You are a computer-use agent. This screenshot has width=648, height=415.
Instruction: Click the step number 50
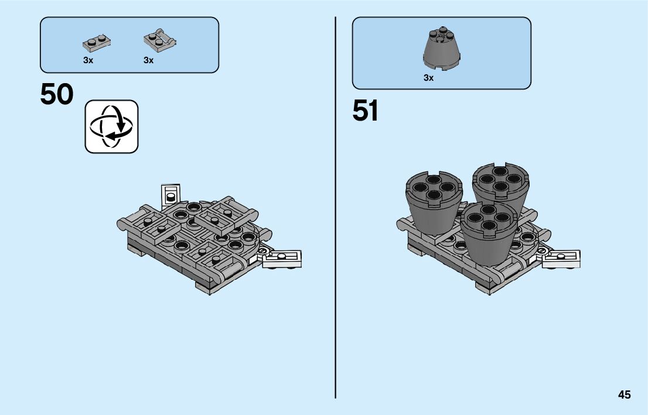click(57, 95)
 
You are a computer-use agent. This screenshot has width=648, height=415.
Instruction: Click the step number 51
click(365, 111)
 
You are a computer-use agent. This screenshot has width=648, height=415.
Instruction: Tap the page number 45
click(624, 395)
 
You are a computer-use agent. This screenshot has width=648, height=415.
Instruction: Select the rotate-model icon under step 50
click(112, 126)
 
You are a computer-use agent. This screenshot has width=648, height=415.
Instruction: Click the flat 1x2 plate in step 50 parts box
click(97, 42)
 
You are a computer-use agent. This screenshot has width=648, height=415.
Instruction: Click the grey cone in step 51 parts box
click(442, 49)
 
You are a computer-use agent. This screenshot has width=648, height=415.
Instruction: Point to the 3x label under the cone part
click(429, 78)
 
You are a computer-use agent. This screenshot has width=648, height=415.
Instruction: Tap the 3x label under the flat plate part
click(88, 60)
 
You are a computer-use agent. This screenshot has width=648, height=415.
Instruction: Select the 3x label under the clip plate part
click(148, 60)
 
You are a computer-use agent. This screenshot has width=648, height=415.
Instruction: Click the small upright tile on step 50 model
click(171, 193)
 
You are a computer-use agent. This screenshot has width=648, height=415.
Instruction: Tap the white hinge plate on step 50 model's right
click(283, 258)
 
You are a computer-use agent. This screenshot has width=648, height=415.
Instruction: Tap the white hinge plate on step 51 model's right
click(562, 258)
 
